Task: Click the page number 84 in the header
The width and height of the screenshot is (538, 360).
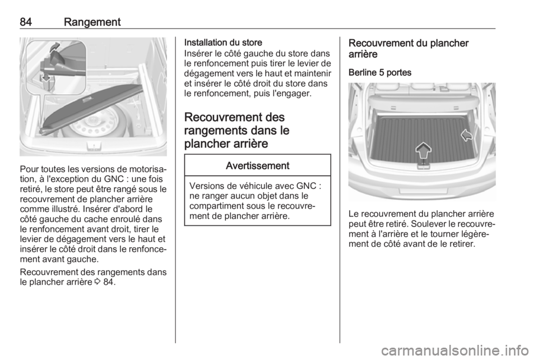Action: coord(26,21)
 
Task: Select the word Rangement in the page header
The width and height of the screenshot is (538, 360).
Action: coord(92,21)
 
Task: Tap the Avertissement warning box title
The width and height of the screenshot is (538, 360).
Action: coord(258,165)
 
